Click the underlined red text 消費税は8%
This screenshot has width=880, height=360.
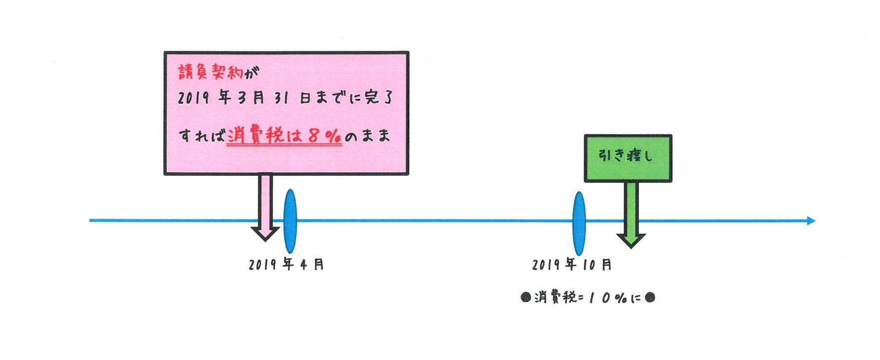(x=284, y=136)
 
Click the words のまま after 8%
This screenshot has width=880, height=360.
(x=367, y=136)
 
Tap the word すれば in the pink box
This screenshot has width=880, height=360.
(x=201, y=136)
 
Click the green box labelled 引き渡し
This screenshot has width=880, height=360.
(x=627, y=158)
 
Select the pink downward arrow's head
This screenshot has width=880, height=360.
(x=265, y=232)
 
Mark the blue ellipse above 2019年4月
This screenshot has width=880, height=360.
(x=290, y=221)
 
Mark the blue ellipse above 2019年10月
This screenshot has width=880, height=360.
(x=579, y=223)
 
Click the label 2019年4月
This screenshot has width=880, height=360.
(x=286, y=264)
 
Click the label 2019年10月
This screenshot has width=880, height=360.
(x=572, y=264)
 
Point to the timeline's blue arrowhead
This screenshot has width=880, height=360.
(x=811, y=221)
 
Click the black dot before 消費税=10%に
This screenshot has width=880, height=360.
(x=525, y=298)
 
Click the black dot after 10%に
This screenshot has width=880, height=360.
(x=650, y=298)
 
